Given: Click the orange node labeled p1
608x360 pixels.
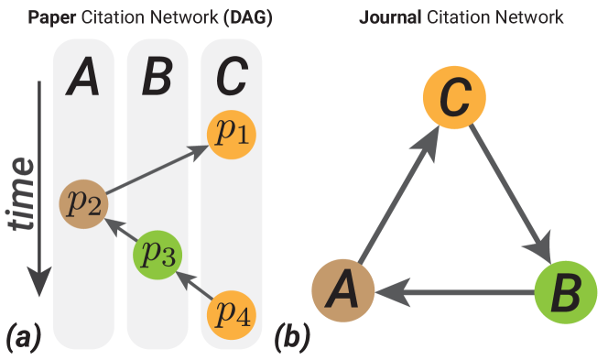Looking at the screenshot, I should click(232, 134).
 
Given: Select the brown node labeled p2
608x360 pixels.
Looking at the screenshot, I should click(83, 202).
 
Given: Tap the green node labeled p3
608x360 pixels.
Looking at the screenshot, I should click(157, 254).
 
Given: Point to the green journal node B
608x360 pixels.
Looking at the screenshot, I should click(561, 292).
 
